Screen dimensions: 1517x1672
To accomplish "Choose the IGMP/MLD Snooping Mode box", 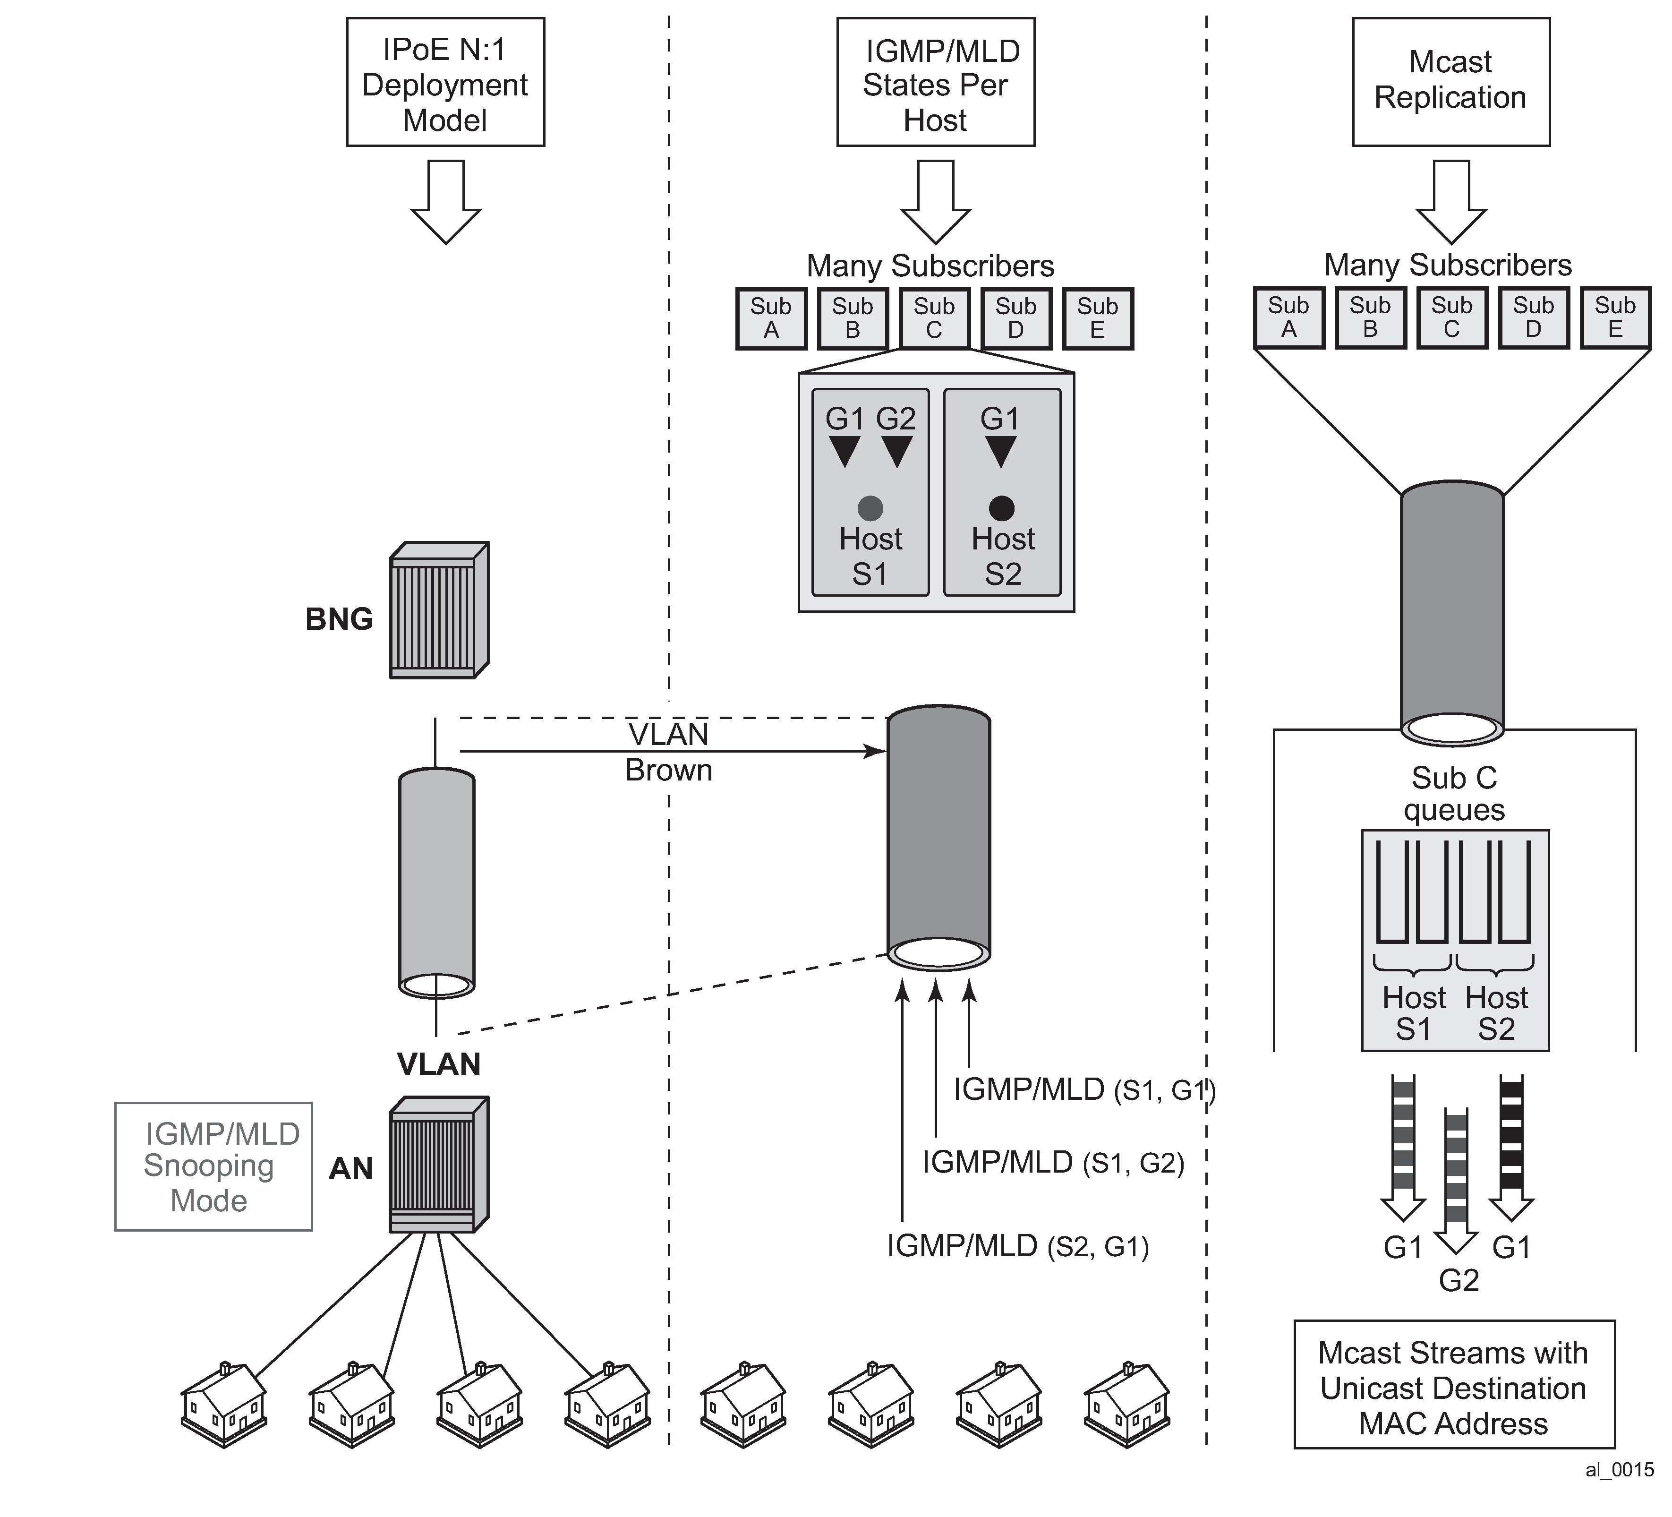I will (x=213, y=1166).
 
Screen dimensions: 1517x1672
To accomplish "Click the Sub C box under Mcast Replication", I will (x=1451, y=317).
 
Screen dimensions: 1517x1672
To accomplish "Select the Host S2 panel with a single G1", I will (x=1002, y=493).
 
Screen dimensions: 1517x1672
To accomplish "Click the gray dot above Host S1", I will (x=870, y=507).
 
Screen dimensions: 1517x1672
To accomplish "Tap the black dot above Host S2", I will (x=1002, y=507).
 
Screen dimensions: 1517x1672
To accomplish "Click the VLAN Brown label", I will (x=668, y=752).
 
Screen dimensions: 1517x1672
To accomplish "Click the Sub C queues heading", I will (x=1454, y=794).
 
